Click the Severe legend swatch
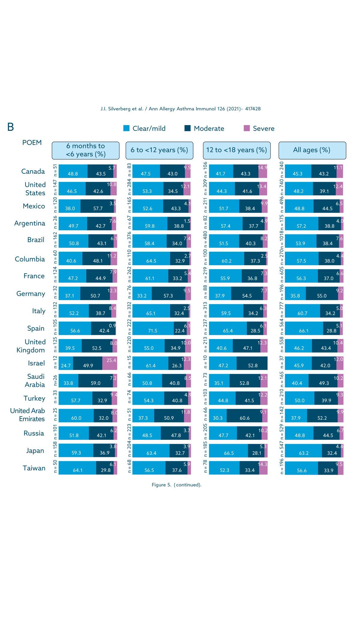(x=247, y=128)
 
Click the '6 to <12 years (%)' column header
(x=159, y=150)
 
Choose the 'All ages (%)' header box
(x=312, y=150)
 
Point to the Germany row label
(x=31, y=294)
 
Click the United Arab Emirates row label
(x=28, y=415)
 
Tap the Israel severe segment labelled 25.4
(x=109, y=363)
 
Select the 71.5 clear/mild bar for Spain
(x=153, y=328)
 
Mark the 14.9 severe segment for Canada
(x=263, y=171)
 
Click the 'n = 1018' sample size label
(x=281, y=240)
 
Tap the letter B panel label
(x=10, y=127)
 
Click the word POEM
(x=32, y=143)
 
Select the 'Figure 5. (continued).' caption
(x=176, y=485)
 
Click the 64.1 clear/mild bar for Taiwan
(x=77, y=468)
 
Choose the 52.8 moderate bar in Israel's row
(x=252, y=363)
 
